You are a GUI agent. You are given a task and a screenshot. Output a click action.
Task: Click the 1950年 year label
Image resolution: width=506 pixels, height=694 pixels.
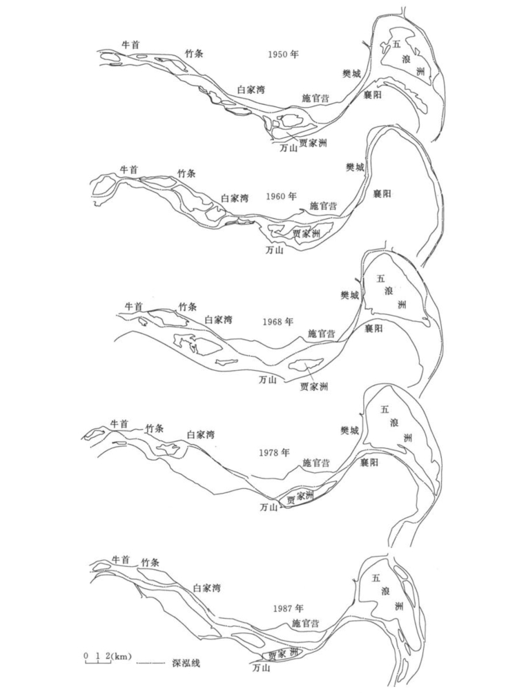point(283,53)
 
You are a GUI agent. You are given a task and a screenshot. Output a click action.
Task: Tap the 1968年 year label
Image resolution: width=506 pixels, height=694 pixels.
point(278,322)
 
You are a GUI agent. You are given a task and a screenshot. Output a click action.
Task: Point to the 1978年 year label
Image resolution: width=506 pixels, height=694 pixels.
point(275,453)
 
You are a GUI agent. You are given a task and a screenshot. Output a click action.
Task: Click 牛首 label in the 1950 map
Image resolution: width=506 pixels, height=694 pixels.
point(130,44)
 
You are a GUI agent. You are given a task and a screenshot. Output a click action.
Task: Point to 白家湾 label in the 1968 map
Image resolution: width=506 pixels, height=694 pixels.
point(218,320)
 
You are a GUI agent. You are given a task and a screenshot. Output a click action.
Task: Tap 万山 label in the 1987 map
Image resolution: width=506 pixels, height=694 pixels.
point(260,668)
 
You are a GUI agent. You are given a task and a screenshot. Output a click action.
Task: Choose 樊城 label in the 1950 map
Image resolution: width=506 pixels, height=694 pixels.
point(351,73)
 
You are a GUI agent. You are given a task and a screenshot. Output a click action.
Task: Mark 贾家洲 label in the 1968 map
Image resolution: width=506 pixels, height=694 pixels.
point(314,386)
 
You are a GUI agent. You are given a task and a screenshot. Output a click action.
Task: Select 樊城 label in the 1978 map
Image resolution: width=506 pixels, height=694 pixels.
point(350,430)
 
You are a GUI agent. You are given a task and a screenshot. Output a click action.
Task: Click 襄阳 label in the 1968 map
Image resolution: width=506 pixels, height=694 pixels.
point(373,328)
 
